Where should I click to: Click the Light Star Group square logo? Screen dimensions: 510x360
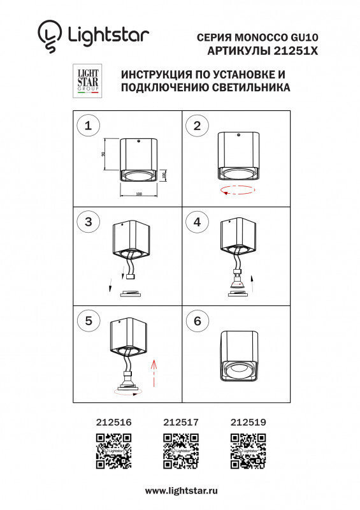pos(88,80)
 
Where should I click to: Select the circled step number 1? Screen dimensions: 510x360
pos(88,126)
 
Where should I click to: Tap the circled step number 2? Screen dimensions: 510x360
pos(197,126)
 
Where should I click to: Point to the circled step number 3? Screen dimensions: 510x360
pos(88,222)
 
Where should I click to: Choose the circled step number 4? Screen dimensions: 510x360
pos(197,222)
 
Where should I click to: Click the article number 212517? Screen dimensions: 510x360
pos(181,422)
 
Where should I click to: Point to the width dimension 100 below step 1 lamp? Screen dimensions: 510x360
pos(138,194)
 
